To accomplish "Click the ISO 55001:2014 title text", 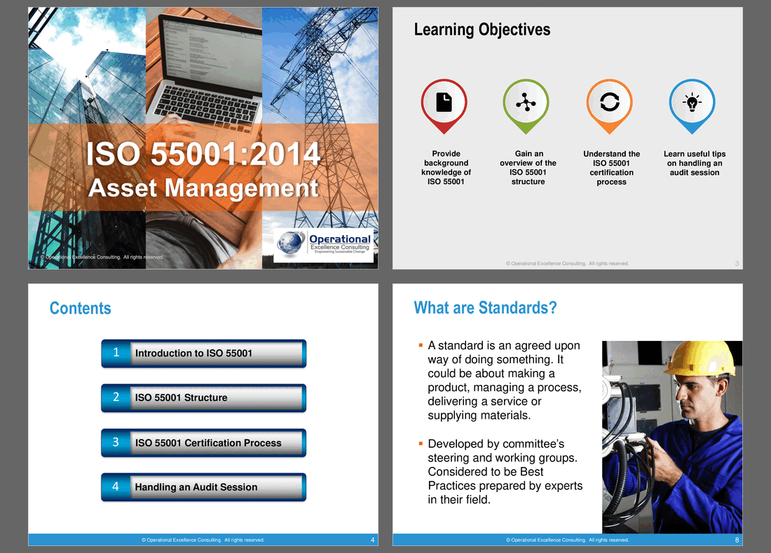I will (x=203, y=154).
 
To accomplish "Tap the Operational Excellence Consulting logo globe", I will (x=291, y=245).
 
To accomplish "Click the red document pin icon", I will (x=444, y=103).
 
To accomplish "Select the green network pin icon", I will (x=526, y=103).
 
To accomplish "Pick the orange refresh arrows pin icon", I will (x=610, y=103).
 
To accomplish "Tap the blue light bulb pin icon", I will (x=692, y=103).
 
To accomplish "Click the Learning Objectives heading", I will (x=482, y=29).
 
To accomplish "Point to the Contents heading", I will (x=80, y=308).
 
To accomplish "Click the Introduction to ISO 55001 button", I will (x=203, y=353).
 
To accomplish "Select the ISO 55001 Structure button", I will (x=203, y=398).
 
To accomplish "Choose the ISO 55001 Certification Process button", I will (x=203, y=443).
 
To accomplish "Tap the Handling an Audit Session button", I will (x=203, y=487).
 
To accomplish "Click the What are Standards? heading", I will (x=485, y=308).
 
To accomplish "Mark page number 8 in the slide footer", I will (x=737, y=540).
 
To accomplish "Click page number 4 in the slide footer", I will (x=372, y=540).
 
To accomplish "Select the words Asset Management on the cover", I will (x=203, y=188).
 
